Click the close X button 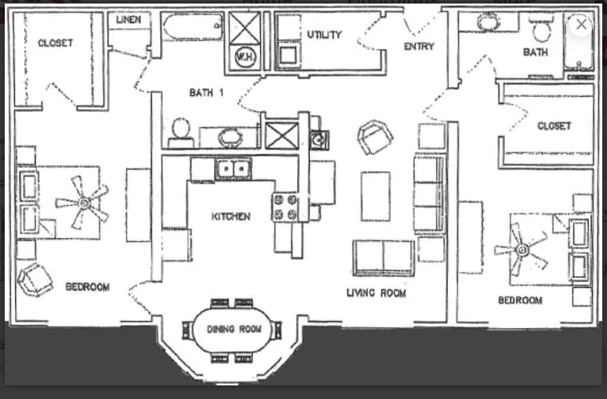(x=582, y=24)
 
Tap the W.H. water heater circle (x=242, y=58)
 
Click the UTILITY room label (x=324, y=35)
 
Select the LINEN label (x=129, y=20)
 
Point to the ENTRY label (x=419, y=46)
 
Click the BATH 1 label (x=206, y=92)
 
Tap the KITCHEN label (x=231, y=216)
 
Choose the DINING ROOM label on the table (x=229, y=329)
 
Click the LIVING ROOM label (x=376, y=293)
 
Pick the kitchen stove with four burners (x=285, y=208)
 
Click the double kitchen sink (x=233, y=170)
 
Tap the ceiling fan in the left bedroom (x=84, y=203)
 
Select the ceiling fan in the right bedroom (x=522, y=250)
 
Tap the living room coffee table (x=376, y=196)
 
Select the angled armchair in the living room (x=375, y=137)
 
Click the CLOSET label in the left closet (x=55, y=43)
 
